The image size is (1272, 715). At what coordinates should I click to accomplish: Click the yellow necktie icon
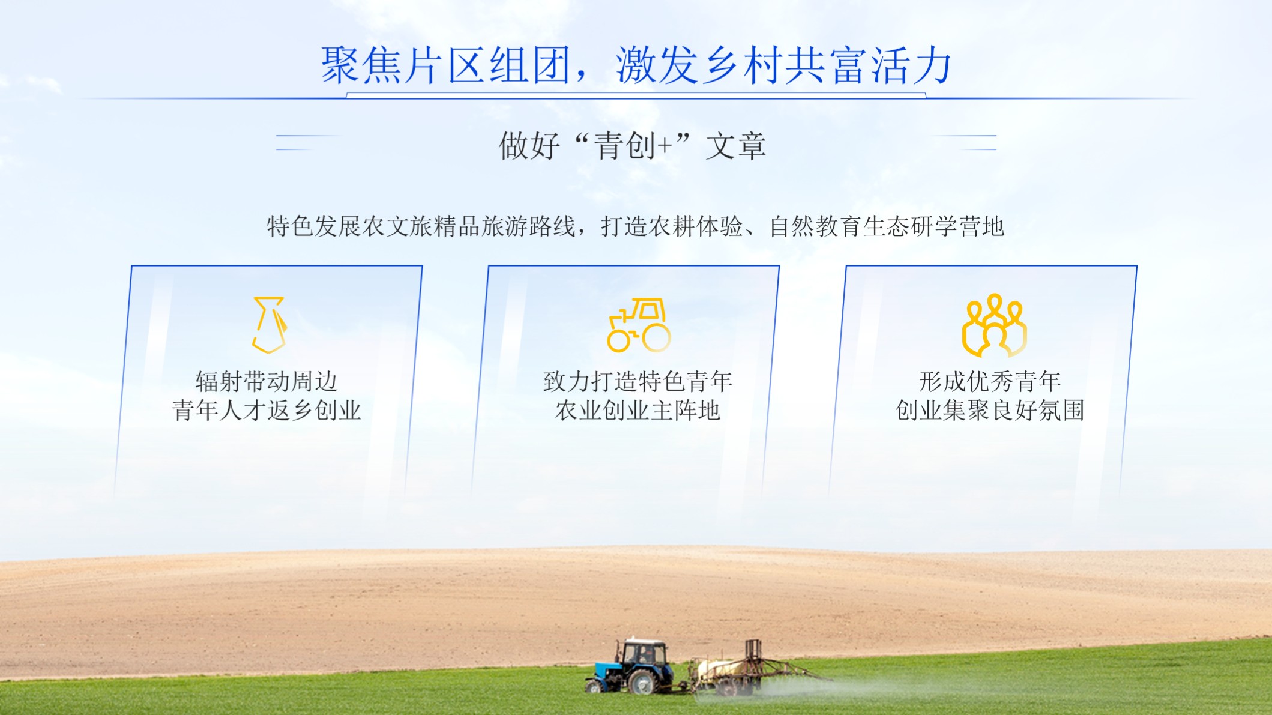tap(269, 324)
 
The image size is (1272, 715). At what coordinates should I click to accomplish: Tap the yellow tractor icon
tap(639, 325)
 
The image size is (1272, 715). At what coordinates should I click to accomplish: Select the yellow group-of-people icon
tap(994, 325)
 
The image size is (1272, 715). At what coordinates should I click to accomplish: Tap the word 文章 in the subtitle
tap(736, 146)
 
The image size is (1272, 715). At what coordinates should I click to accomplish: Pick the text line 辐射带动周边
tap(267, 381)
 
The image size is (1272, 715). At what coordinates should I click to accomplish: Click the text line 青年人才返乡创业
tap(267, 410)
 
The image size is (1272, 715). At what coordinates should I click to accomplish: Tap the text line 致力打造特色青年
tap(638, 381)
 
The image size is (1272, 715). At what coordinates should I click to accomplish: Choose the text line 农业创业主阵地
tap(638, 410)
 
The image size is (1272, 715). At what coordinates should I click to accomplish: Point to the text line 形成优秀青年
tap(990, 381)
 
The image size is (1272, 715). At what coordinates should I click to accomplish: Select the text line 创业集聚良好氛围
tap(990, 410)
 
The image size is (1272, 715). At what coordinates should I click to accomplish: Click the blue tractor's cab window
tap(644, 653)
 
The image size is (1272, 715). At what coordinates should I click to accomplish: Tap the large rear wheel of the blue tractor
tap(643, 681)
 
